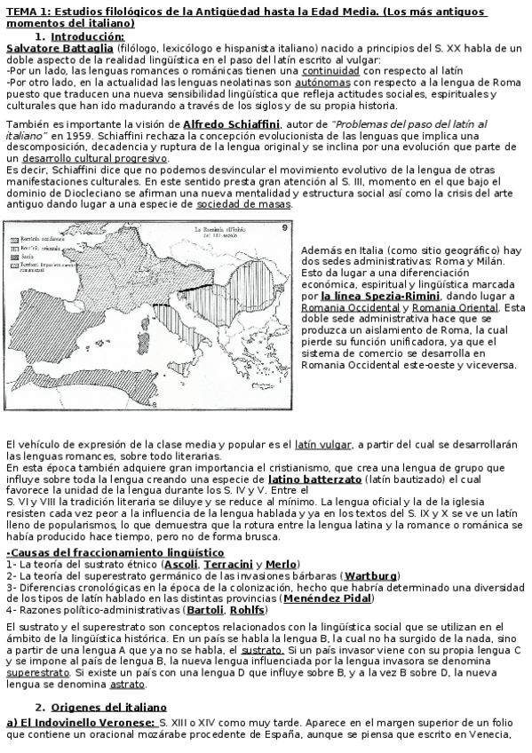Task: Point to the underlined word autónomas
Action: (x=324, y=81)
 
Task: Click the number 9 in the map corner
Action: (x=285, y=228)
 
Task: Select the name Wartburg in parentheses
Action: (x=371, y=575)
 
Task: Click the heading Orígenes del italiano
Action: (x=108, y=707)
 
